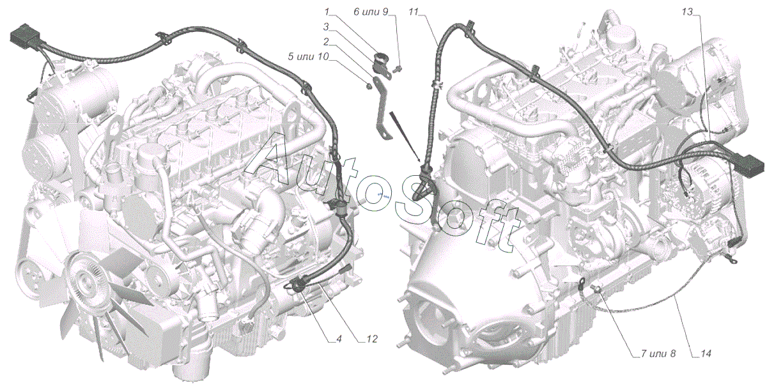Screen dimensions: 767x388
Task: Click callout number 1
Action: [327, 13]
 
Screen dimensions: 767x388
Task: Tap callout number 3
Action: [327, 26]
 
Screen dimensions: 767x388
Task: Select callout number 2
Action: [327, 42]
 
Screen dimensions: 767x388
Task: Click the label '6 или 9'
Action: [371, 12]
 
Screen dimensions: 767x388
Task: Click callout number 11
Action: [414, 12]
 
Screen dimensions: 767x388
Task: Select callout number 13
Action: [687, 12]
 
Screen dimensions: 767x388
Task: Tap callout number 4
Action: [339, 339]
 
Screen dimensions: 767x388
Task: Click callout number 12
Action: [372, 339]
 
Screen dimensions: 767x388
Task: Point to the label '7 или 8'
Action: [658, 353]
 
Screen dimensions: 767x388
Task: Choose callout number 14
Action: [706, 353]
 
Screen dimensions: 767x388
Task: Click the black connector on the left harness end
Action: [25, 37]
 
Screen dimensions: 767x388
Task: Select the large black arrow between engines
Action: [405, 137]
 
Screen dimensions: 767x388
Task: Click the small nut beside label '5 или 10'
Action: [369, 86]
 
